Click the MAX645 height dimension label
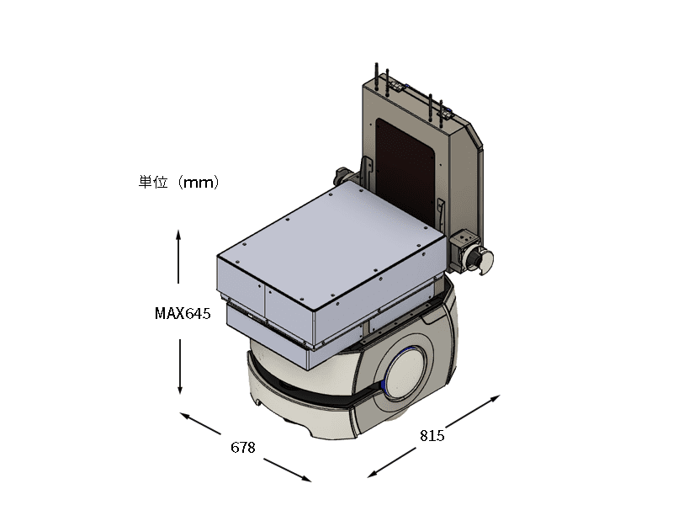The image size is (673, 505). point(183,313)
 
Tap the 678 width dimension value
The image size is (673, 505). point(243,448)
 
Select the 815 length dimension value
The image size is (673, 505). point(432,435)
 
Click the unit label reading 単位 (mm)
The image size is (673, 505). point(178,182)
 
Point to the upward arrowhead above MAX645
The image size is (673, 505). point(178,236)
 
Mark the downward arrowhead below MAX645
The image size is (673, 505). point(180,388)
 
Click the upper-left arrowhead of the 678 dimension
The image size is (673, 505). point(186,416)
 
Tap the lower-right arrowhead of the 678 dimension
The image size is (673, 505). point(305,478)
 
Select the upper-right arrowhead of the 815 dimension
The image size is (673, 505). point(495,398)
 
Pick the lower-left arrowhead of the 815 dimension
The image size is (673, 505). point(373,474)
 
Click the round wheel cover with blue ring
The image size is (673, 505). point(405,374)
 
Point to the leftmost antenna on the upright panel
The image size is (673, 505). point(376,77)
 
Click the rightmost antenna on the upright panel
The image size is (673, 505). point(441,114)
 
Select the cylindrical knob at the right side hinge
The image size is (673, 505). point(480,259)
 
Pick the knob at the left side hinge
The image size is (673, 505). point(342,175)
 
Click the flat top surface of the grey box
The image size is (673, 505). point(331,245)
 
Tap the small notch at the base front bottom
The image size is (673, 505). point(258,402)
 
